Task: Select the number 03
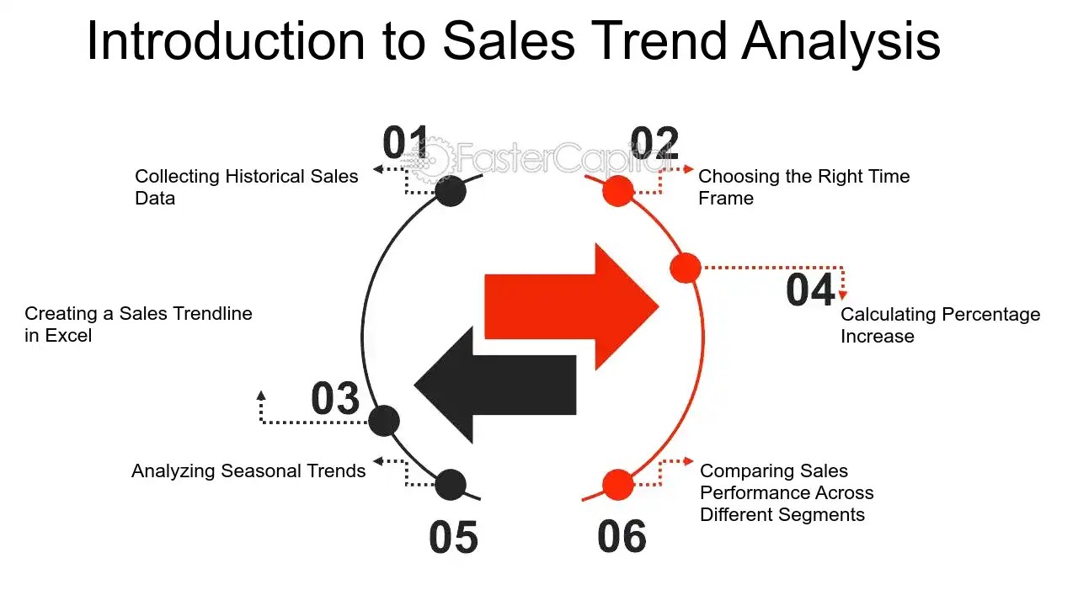click(x=335, y=398)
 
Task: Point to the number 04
click(x=810, y=290)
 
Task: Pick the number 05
click(x=453, y=537)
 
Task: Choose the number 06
click(x=622, y=537)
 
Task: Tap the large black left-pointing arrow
click(x=495, y=385)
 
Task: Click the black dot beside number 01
click(x=451, y=191)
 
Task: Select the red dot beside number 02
click(x=618, y=191)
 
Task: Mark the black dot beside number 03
click(x=384, y=420)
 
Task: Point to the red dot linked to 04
click(x=686, y=268)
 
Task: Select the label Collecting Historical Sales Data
click(x=246, y=187)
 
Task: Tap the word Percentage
click(x=990, y=315)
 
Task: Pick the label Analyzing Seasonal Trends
click(x=248, y=470)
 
